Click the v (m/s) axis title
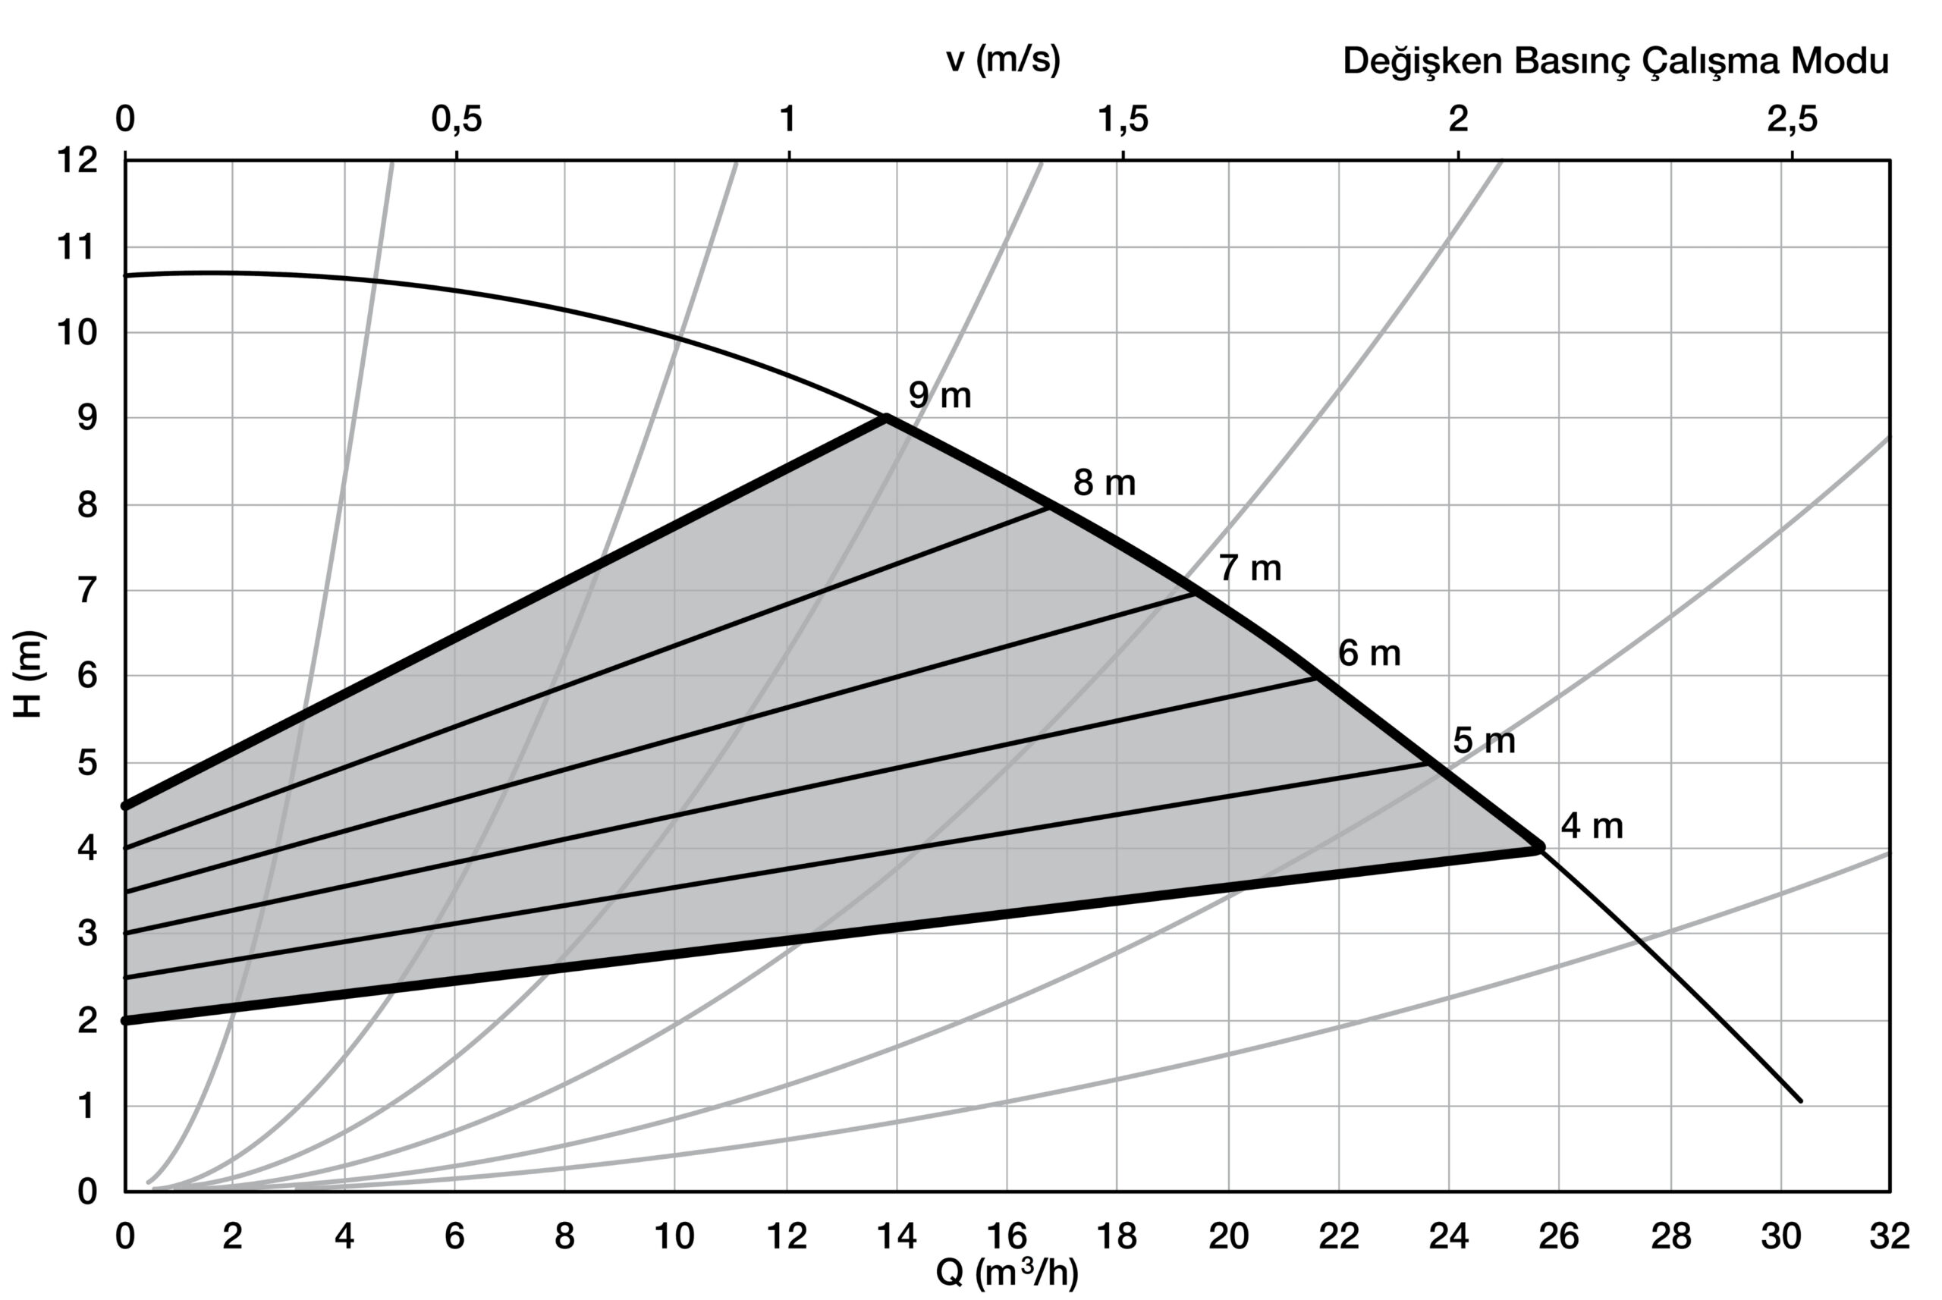[1004, 61]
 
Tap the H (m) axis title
[30, 674]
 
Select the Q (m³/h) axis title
[1007, 1273]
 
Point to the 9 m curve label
[939, 395]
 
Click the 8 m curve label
[1105, 482]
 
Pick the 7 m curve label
[1250, 569]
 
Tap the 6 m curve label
[1370, 654]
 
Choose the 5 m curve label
[1485, 741]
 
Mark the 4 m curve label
[1592, 827]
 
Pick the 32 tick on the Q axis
[1890, 1236]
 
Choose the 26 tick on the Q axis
[1559, 1236]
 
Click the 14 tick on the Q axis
[897, 1236]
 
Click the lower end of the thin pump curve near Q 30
[1800, 1101]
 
